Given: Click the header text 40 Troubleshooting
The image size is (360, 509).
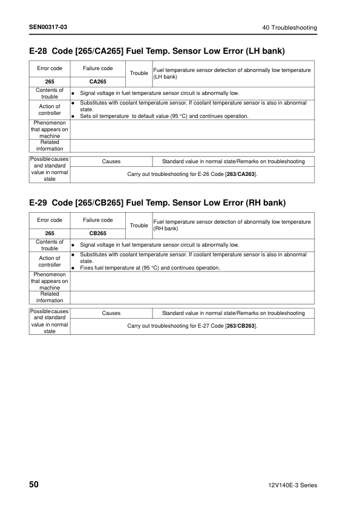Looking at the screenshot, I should tap(289, 28).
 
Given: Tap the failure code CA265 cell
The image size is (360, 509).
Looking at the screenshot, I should tap(98, 80).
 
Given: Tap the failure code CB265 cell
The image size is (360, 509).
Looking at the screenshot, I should tap(98, 232).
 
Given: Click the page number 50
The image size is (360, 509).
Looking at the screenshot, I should tap(35, 485).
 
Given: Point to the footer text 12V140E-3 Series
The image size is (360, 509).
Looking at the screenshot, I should tap(292, 485).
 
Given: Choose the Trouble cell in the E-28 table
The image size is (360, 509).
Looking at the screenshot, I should tap(139, 73).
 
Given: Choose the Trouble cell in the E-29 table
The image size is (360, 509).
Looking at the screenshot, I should tap(139, 225).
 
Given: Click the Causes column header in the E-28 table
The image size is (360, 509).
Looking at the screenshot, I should tap(111, 161).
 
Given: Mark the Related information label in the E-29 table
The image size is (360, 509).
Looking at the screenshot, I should tap(50, 297).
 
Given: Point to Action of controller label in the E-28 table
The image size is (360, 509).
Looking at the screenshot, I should tap(50, 109).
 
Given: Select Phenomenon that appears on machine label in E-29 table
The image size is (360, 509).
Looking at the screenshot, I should tap(50, 281).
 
